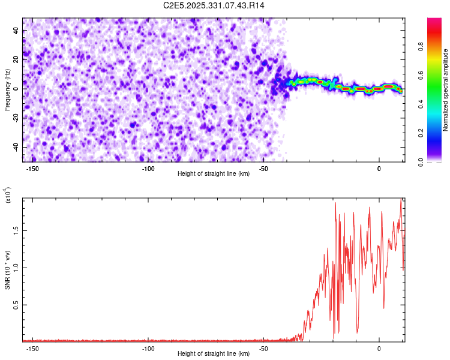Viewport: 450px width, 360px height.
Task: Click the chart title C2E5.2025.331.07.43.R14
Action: [214, 5]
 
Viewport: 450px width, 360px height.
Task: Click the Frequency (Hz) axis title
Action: [7, 90]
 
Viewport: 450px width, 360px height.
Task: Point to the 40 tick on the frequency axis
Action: [16, 31]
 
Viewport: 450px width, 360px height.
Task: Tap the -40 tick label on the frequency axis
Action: [16, 147]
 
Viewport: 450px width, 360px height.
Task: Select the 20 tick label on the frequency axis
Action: [16, 60]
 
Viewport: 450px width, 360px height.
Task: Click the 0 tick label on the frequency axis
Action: [16, 89]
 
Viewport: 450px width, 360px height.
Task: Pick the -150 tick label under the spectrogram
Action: [32, 169]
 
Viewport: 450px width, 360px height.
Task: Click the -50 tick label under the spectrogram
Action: [263, 169]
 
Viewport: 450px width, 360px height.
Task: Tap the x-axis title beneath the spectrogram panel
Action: [214, 173]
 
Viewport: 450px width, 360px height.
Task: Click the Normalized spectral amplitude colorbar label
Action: [445, 90]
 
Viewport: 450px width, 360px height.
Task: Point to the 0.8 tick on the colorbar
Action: [421, 46]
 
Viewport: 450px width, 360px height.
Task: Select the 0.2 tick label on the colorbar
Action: [421, 133]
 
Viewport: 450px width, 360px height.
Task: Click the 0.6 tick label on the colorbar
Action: [421, 75]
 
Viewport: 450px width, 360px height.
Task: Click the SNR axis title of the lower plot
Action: [7, 270]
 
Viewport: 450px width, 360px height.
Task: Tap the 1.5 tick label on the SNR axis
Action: [16, 230]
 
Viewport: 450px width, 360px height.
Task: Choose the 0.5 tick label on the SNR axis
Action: [16, 305]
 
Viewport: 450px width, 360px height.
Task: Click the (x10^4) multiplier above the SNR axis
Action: [7, 194]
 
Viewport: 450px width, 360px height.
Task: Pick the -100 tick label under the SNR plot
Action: [148, 349]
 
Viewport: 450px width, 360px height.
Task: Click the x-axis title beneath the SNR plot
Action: [214, 353]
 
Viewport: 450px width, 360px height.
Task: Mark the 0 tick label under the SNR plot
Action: [379, 349]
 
